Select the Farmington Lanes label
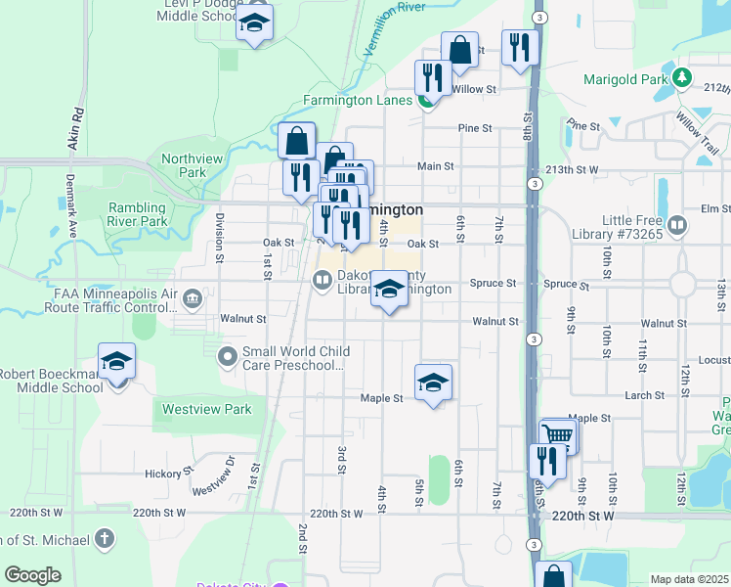click(356, 100)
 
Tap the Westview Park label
click(206, 409)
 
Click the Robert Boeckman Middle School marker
click(116, 362)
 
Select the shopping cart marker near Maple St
click(557, 435)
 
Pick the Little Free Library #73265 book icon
click(677, 227)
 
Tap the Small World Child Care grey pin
click(228, 355)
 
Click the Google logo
click(33, 575)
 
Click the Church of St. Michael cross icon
click(105, 538)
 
